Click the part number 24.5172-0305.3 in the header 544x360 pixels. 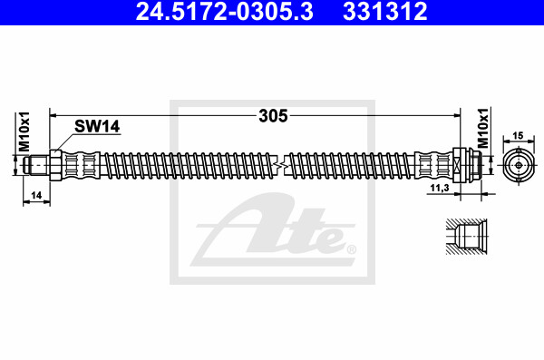coord(225,11)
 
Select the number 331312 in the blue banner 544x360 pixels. coord(384,11)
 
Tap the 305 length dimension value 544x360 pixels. coord(273,115)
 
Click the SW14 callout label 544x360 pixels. coord(97,126)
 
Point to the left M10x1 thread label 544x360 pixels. coord(24,131)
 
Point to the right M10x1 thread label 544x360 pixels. coord(483,128)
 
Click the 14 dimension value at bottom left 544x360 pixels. coord(36,196)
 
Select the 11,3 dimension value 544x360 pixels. coord(440,188)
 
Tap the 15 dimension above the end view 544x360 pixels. coord(518,136)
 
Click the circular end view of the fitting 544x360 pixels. coord(519,165)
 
